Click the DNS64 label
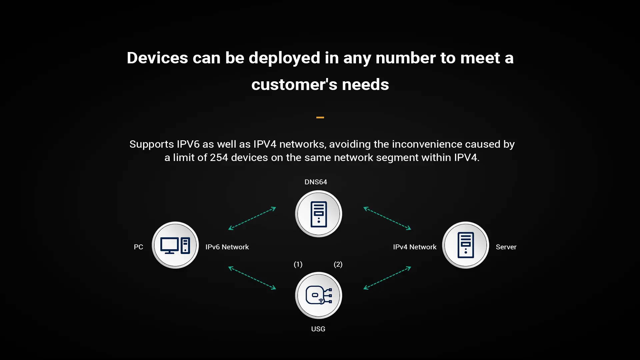[x=316, y=182]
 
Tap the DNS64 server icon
[x=319, y=214]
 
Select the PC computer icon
[x=175, y=245]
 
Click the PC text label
[x=138, y=247]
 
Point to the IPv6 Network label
[x=227, y=247]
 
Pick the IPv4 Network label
[x=415, y=247]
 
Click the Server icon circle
[x=466, y=245]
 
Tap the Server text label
[x=506, y=247]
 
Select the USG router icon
[x=319, y=296]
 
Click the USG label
[x=318, y=329]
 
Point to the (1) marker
[x=298, y=264]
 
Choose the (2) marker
[x=338, y=264]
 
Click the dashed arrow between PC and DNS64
[x=252, y=218]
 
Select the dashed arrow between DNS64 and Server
[x=387, y=218]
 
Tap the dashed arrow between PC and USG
[x=252, y=278]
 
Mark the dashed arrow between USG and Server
[x=387, y=278]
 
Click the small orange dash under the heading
[x=320, y=117]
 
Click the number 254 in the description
[x=219, y=157]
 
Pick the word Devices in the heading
[x=157, y=58]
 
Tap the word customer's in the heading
[x=292, y=84]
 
